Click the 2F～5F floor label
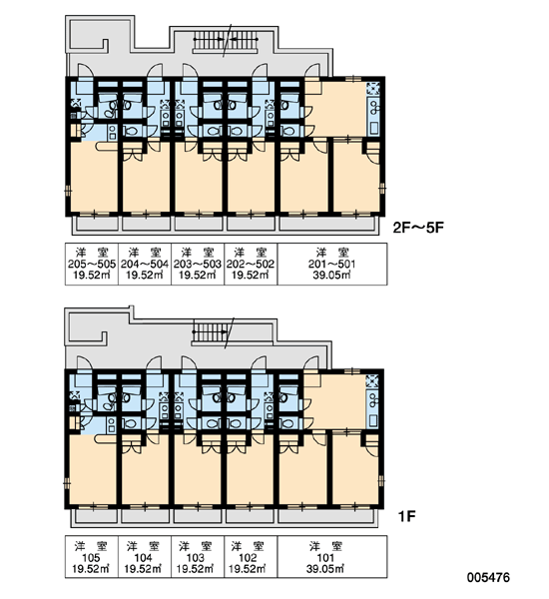(x=418, y=228)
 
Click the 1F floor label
(x=406, y=516)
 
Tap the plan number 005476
(x=488, y=577)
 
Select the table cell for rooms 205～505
(x=92, y=264)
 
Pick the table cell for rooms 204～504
(x=145, y=264)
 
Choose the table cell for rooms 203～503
(x=198, y=264)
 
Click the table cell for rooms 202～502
(x=251, y=264)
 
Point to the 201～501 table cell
(x=332, y=264)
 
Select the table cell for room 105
(x=91, y=557)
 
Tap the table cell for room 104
(x=145, y=557)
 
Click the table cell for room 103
(x=197, y=557)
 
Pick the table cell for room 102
(x=251, y=557)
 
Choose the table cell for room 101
(x=332, y=557)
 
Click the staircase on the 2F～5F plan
(x=227, y=40)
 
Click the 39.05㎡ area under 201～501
(x=332, y=276)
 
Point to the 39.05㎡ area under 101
(x=325, y=569)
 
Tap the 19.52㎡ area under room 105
(x=91, y=569)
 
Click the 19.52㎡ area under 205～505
(x=92, y=276)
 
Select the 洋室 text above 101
(x=325, y=546)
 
